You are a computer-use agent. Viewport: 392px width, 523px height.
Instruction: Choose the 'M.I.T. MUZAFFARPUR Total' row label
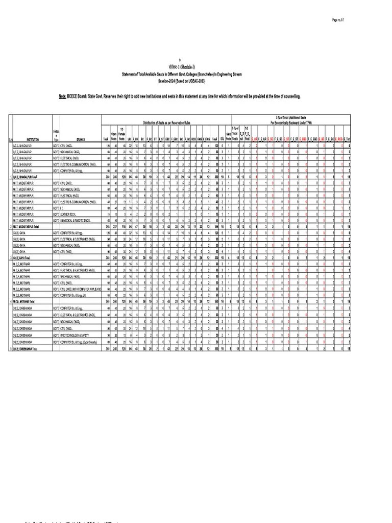28,225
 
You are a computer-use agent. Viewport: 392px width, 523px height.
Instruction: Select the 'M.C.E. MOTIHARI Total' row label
27,302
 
